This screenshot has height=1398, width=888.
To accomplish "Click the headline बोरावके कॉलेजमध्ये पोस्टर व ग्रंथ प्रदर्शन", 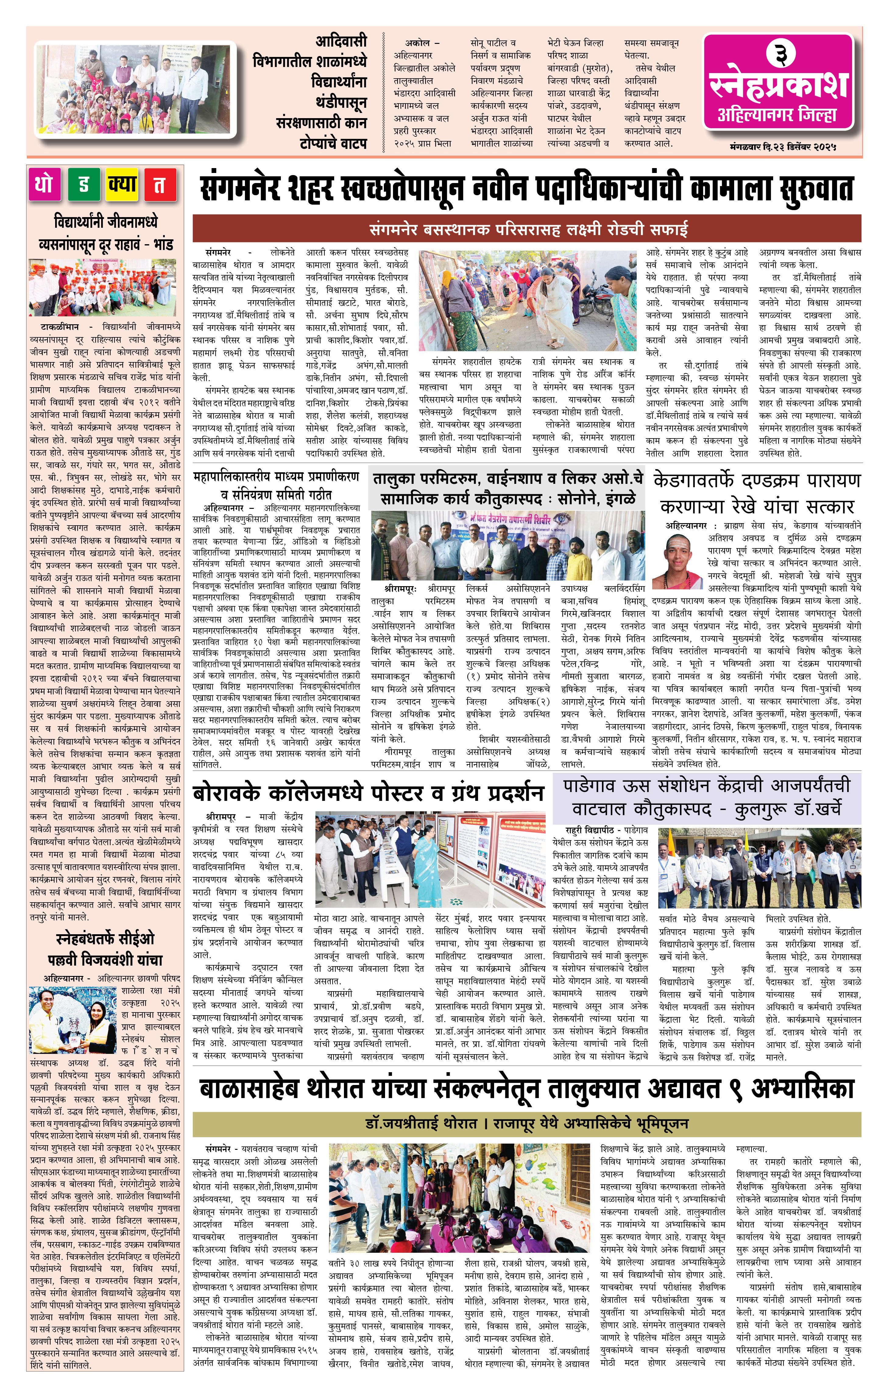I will click(369, 792).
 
